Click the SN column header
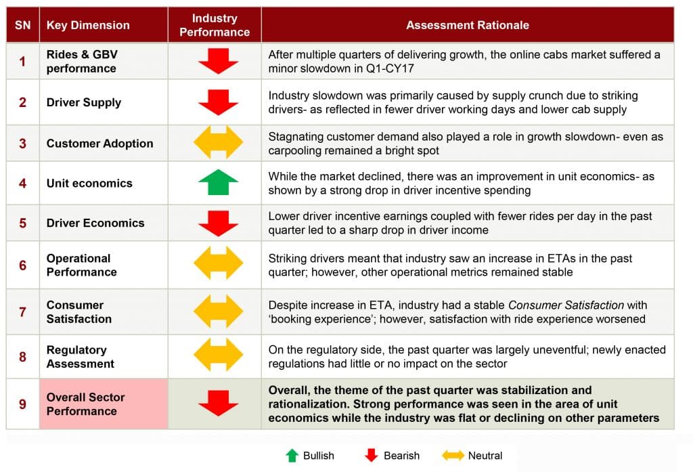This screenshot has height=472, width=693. click(22, 25)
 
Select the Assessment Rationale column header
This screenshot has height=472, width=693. click(468, 25)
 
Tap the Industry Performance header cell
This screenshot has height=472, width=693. click(215, 25)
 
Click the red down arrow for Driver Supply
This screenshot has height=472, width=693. click(219, 102)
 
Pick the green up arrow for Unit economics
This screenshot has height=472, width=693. click(219, 182)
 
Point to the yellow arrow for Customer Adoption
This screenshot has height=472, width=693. click(219, 142)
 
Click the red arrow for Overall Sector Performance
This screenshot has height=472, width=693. click(219, 403)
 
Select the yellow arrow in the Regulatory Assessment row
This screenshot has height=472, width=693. click(219, 354)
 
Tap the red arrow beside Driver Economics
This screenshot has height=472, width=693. click(219, 223)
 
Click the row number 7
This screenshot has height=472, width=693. click(22, 312)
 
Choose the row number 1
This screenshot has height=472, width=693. click(22, 61)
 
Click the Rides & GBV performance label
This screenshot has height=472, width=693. click(82, 62)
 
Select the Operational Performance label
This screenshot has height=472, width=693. click(82, 265)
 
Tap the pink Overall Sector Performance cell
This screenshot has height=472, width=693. click(104, 404)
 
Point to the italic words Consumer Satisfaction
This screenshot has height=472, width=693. click(566, 305)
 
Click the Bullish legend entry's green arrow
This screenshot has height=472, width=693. click(292, 455)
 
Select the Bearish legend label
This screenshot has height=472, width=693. click(401, 456)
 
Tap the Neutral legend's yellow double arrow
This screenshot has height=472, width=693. click(453, 455)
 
